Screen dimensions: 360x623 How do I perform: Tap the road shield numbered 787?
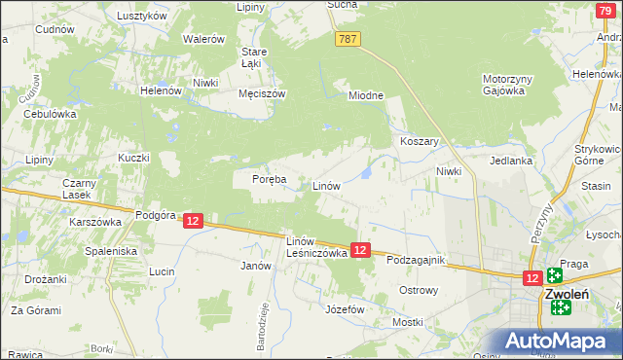coord(348,39)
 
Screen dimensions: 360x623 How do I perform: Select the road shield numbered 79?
coord(605,9)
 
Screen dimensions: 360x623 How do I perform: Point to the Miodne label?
coord(367,95)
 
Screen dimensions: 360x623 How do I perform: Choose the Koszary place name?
coord(421,141)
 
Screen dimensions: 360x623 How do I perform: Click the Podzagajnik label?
coord(415,261)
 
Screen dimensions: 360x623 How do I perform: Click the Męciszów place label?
coord(261,94)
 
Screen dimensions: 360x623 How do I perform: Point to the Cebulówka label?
coord(50,114)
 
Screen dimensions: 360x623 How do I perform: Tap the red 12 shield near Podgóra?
coord(193,222)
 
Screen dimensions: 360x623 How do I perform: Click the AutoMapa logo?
coord(558,342)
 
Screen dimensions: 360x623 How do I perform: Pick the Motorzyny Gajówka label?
coord(503,85)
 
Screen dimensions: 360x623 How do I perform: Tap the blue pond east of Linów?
coord(365,173)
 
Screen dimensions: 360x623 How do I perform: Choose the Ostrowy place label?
coord(420,290)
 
